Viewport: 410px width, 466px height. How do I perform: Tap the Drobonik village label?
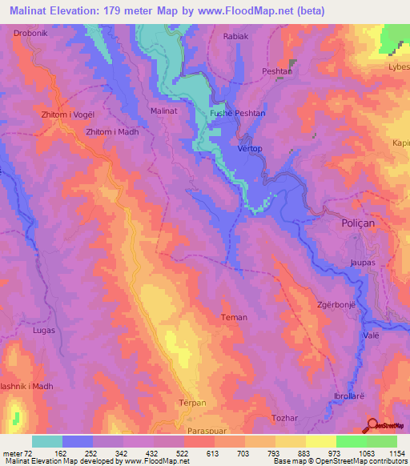point(31,34)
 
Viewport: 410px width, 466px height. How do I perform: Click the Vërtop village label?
point(251,149)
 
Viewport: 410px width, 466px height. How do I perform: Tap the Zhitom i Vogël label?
point(68,114)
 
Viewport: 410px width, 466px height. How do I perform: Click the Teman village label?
point(234,317)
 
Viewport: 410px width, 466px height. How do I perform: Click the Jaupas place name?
point(363,262)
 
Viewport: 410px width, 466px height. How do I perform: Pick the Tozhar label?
point(263,417)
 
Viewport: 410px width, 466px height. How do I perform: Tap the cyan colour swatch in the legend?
point(47,441)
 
